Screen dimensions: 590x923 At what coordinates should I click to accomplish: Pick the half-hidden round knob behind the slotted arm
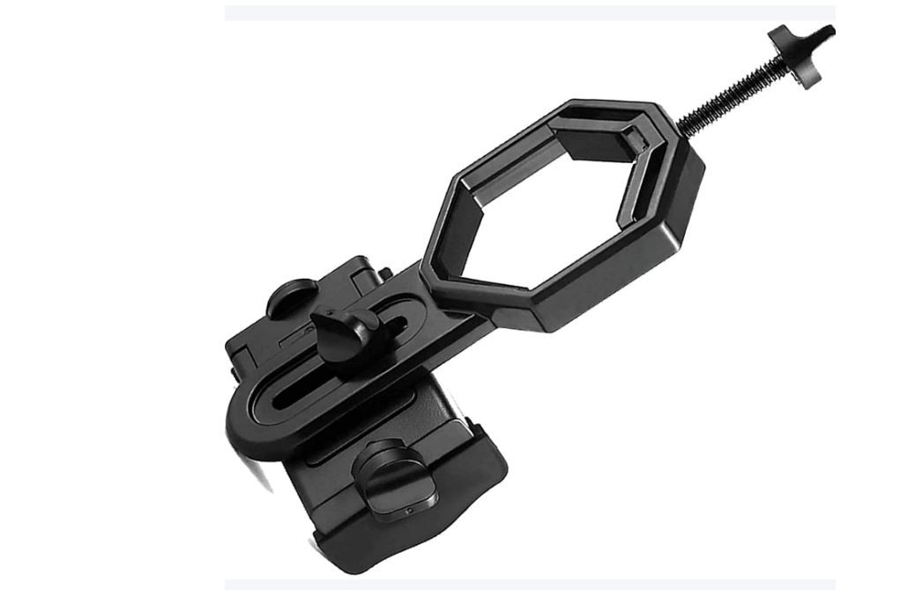click(292, 295)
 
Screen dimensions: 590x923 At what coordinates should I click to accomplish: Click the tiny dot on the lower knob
click(407, 511)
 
